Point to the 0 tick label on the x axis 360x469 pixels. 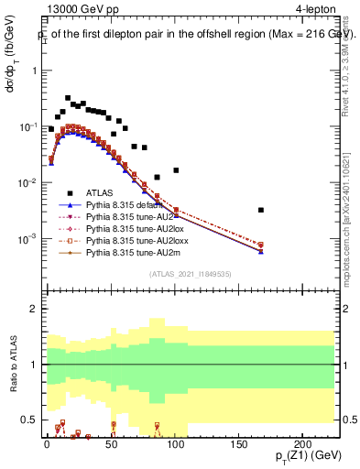click(45, 443)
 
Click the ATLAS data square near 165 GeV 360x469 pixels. click(261, 210)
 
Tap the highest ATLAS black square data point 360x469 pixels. click(68, 98)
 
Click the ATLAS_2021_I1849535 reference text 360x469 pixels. click(191, 273)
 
